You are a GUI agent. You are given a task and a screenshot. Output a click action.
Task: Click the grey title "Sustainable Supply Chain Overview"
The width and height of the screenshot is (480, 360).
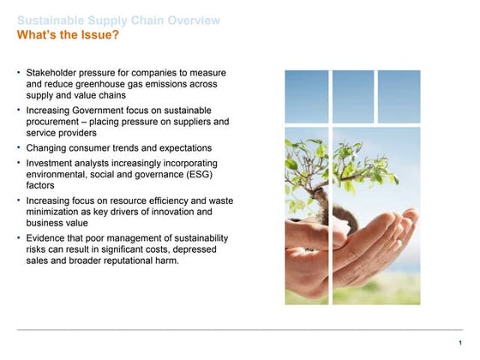click(118, 21)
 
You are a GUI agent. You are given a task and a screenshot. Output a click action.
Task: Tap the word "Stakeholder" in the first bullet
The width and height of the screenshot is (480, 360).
click(52, 72)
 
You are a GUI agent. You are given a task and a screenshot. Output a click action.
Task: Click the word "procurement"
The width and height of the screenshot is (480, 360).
click(55, 122)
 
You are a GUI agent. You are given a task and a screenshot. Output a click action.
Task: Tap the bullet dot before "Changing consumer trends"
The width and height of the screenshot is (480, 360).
click(19, 147)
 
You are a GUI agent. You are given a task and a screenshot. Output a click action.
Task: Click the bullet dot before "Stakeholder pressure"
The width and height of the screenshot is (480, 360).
click(19, 71)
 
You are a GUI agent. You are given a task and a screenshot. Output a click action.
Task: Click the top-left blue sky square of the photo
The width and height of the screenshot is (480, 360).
click(307, 96)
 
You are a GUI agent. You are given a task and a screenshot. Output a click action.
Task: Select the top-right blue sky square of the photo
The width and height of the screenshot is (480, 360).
click(398, 96)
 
